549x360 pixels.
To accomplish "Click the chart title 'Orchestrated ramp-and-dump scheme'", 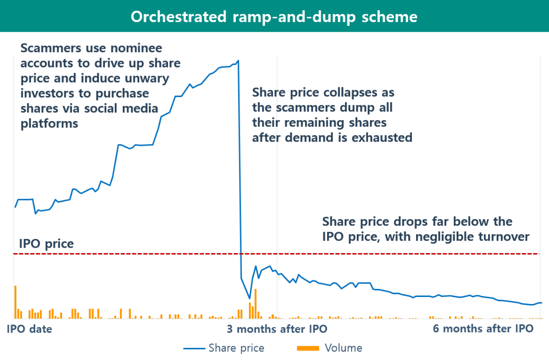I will point(274,17).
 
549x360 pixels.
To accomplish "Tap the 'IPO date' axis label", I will point(30,329).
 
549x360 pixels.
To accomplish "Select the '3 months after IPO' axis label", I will point(277,329).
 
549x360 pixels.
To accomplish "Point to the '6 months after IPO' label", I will point(483,329).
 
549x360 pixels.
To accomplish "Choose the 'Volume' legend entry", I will point(343,348).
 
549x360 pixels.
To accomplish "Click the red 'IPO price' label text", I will point(47,244).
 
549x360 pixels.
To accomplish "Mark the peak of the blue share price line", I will point(238,61).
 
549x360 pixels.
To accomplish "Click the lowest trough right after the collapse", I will point(249,299).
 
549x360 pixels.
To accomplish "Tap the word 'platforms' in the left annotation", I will point(49,124).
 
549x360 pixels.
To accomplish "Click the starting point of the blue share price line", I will point(15,207).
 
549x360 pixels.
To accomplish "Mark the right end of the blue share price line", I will point(541,302).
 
